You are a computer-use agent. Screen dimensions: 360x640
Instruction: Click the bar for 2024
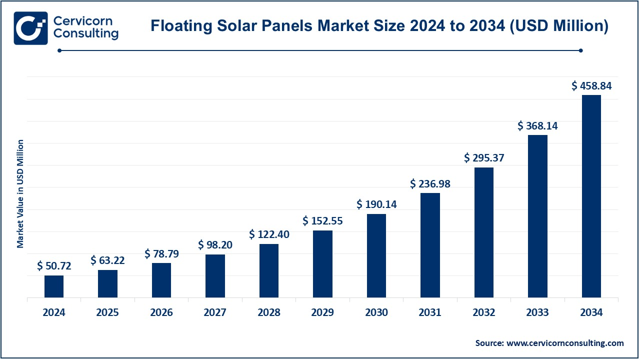54,286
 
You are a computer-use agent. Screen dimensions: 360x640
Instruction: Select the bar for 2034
591,196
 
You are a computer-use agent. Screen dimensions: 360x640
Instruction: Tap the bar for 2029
322,264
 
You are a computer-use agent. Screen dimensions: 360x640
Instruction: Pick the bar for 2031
430,245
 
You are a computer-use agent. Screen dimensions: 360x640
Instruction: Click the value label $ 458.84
591,86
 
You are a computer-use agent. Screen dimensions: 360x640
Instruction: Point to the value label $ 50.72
54,266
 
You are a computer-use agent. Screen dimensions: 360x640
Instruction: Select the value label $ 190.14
376,204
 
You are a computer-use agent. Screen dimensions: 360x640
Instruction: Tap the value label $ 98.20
215,244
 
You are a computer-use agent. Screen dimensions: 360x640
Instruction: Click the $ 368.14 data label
537,126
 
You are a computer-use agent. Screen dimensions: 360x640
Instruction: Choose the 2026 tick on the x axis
161,312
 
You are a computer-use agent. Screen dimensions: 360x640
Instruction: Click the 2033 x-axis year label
537,312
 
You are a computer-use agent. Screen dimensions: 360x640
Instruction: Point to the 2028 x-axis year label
269,312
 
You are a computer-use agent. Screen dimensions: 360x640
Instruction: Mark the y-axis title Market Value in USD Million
20,194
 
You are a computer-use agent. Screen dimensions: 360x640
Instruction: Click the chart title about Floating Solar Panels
379,26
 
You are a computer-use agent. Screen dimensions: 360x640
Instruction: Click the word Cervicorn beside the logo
83,21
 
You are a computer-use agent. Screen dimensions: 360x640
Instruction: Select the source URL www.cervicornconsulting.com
565,343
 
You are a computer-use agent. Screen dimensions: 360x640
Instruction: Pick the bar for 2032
484,232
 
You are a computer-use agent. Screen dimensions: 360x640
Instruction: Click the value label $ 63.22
107,260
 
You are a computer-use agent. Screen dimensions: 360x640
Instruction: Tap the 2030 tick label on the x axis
376,312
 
